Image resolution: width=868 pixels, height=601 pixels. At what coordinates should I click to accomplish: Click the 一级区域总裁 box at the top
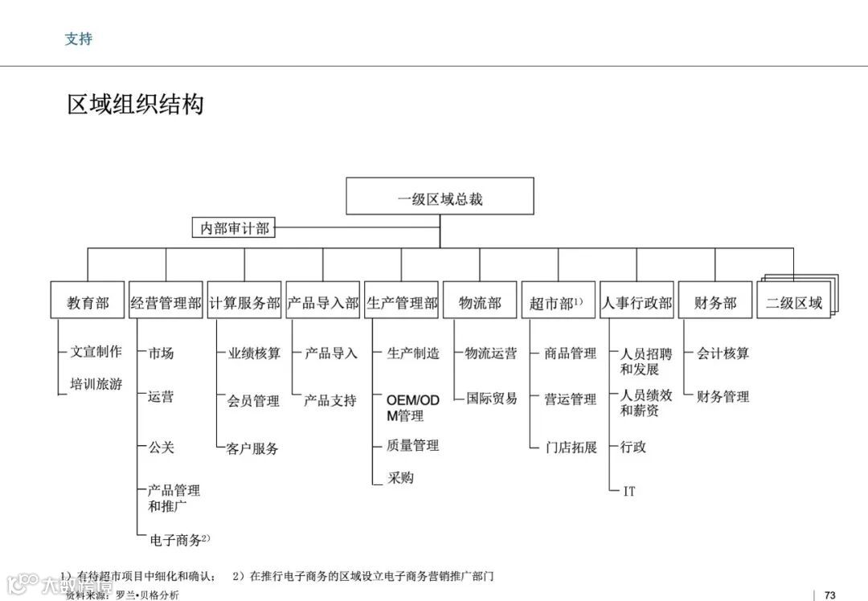pos(440,197)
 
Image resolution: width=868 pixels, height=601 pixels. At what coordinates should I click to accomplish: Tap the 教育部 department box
pos(88,303)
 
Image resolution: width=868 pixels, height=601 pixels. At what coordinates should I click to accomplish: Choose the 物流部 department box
pos(480,303)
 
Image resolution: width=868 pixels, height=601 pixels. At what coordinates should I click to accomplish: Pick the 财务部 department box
pos(715,303)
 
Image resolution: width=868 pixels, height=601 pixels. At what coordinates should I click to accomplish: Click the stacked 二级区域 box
pos(794,303)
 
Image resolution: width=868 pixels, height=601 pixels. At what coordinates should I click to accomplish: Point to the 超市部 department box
pos(558,303)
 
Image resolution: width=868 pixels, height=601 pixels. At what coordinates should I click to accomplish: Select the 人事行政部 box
pos(637,303)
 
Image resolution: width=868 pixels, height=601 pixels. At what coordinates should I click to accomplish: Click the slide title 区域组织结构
pos(135,104)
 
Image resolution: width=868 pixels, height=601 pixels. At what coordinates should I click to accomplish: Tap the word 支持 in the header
pos(78,39)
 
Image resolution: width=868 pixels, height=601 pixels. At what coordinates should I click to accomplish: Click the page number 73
pos(830,595)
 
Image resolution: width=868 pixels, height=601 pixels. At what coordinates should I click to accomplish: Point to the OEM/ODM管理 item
pos(413,407)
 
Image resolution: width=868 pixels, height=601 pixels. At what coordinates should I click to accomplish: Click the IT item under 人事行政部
pos(629,490)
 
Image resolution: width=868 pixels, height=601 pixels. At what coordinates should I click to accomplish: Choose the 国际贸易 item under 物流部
pos(492,398)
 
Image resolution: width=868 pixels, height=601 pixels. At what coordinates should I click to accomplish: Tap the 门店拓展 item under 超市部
pos(571,448)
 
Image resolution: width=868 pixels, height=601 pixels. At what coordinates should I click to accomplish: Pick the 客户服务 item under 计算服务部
pos(252,448)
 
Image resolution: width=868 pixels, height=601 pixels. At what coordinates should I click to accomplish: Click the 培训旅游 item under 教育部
pos(96,384)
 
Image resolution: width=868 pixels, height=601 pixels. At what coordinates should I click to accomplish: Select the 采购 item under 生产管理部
pos(400,477)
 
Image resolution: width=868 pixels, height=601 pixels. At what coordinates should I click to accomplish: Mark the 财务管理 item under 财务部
pos(723,396)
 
